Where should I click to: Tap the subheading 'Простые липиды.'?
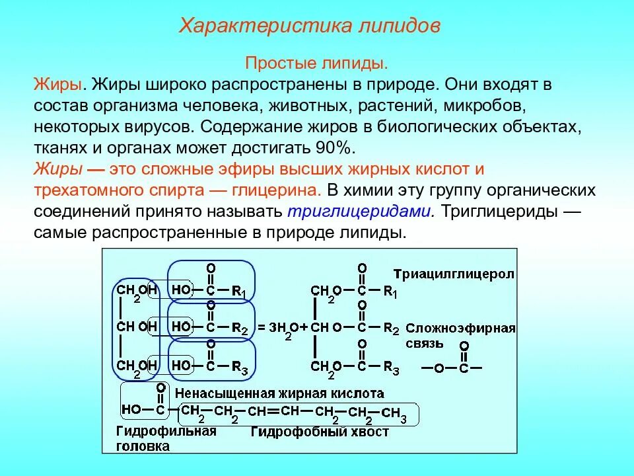[x=316, y=64]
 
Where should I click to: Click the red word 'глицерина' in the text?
[x=276, y=190]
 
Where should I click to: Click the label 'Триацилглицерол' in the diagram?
[x=454, y=274]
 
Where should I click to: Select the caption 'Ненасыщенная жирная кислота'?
[x=279, y=393]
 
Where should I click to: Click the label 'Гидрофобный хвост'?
[x=320, y=432]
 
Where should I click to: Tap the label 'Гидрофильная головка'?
[x=166, y=438]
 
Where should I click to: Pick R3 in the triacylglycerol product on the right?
[x=392, y=368]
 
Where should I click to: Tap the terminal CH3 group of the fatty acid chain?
[x=395, y=414]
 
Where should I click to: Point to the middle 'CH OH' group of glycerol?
[x=137, y=326]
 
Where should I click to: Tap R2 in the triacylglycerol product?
[x=392, y=328]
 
